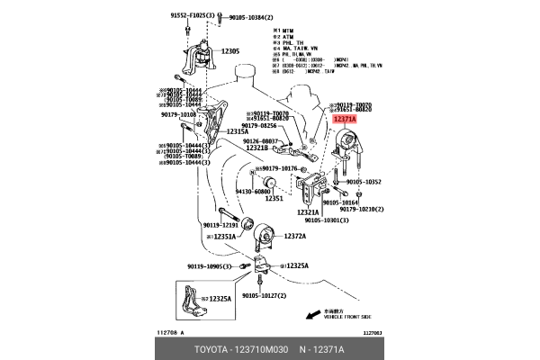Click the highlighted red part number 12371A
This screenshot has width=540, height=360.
[344, 119]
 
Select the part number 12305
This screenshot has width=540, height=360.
[229, 51]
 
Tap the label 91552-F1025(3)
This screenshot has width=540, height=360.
[188, 15]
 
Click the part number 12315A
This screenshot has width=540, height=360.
[237, 131]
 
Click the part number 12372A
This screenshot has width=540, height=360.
[295, 236]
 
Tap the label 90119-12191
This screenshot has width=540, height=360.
[220, 225]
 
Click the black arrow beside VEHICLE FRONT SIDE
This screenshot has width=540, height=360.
[311, 315]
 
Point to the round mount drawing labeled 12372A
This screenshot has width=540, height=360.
[265, 236]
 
